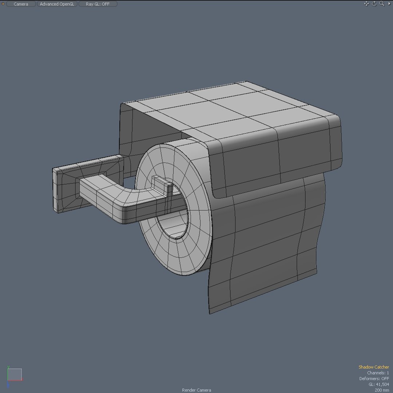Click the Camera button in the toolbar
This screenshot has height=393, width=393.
click(x=21, y=4)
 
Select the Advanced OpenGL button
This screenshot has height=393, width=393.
click(x=57, y=4)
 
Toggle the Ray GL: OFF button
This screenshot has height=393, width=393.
click(x=98, y=4)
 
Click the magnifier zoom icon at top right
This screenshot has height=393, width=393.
click(x=382, y=4)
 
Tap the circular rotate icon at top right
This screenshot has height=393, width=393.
click(x=374, y=4)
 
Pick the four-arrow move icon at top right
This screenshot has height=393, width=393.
click(x=366, y=4)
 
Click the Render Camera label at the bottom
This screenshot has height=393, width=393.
click(x=196, y=390)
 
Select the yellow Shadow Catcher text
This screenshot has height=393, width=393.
click(x=373, y=367)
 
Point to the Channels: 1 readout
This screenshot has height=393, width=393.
click(x=378, y=373)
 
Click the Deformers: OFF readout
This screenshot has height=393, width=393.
click(x=374, y=379)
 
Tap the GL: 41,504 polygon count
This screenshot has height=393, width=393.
click(x=378, y=384)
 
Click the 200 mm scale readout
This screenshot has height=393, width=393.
click(x=382, y=390)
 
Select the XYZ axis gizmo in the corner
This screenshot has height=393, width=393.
click(x=15, y=375)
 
